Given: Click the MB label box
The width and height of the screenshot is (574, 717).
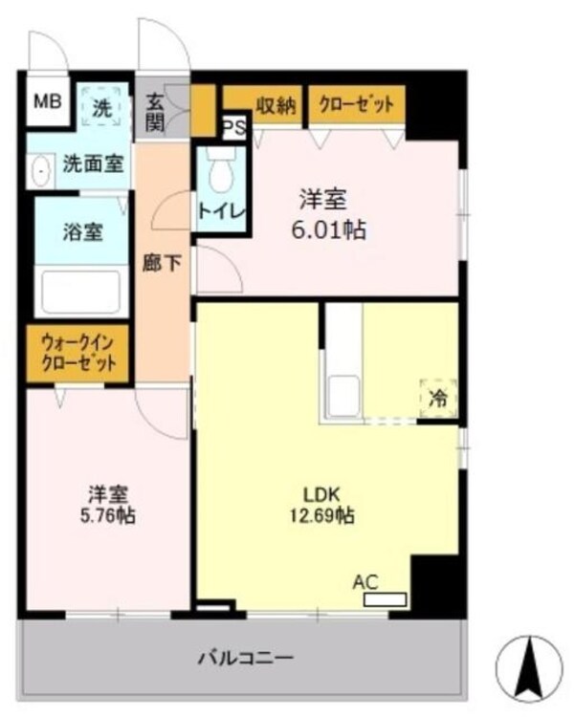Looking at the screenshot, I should [45, 101].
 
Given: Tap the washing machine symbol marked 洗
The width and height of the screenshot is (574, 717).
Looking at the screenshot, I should [101, 107].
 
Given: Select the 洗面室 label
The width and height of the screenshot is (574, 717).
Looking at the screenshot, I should [92, 163].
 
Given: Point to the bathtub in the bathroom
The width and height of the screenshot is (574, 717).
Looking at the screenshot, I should [81, 291].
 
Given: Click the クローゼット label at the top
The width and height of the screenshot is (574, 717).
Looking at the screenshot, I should [355, 104].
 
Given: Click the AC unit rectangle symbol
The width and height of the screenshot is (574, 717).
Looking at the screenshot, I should [386, 600].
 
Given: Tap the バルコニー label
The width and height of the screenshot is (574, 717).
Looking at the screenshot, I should [245, 658].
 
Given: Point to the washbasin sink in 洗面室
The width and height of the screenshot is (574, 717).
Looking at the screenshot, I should [42, 172].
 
